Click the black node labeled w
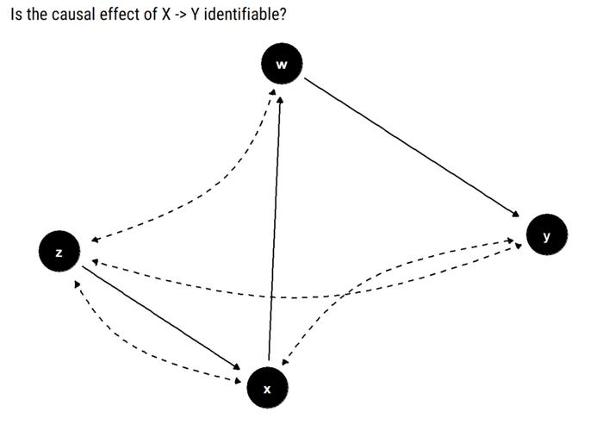[x=282, y=64]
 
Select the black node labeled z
[x=59, y=252]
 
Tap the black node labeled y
[x=547, y=234]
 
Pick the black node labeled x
[x=267, y=388]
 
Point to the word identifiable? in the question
[x=245, y=15]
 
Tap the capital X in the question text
[x=165, y=15]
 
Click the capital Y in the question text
[x=195, y=15]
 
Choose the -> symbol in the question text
[x=180, y=15]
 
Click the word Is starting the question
[x=17, y=15]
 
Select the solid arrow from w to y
[x=412, y=147]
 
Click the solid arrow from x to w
[x=275, y=228]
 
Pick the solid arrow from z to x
[x=161, y=318]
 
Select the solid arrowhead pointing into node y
[x=515, y=214]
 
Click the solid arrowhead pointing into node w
[x=280, y=100]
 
